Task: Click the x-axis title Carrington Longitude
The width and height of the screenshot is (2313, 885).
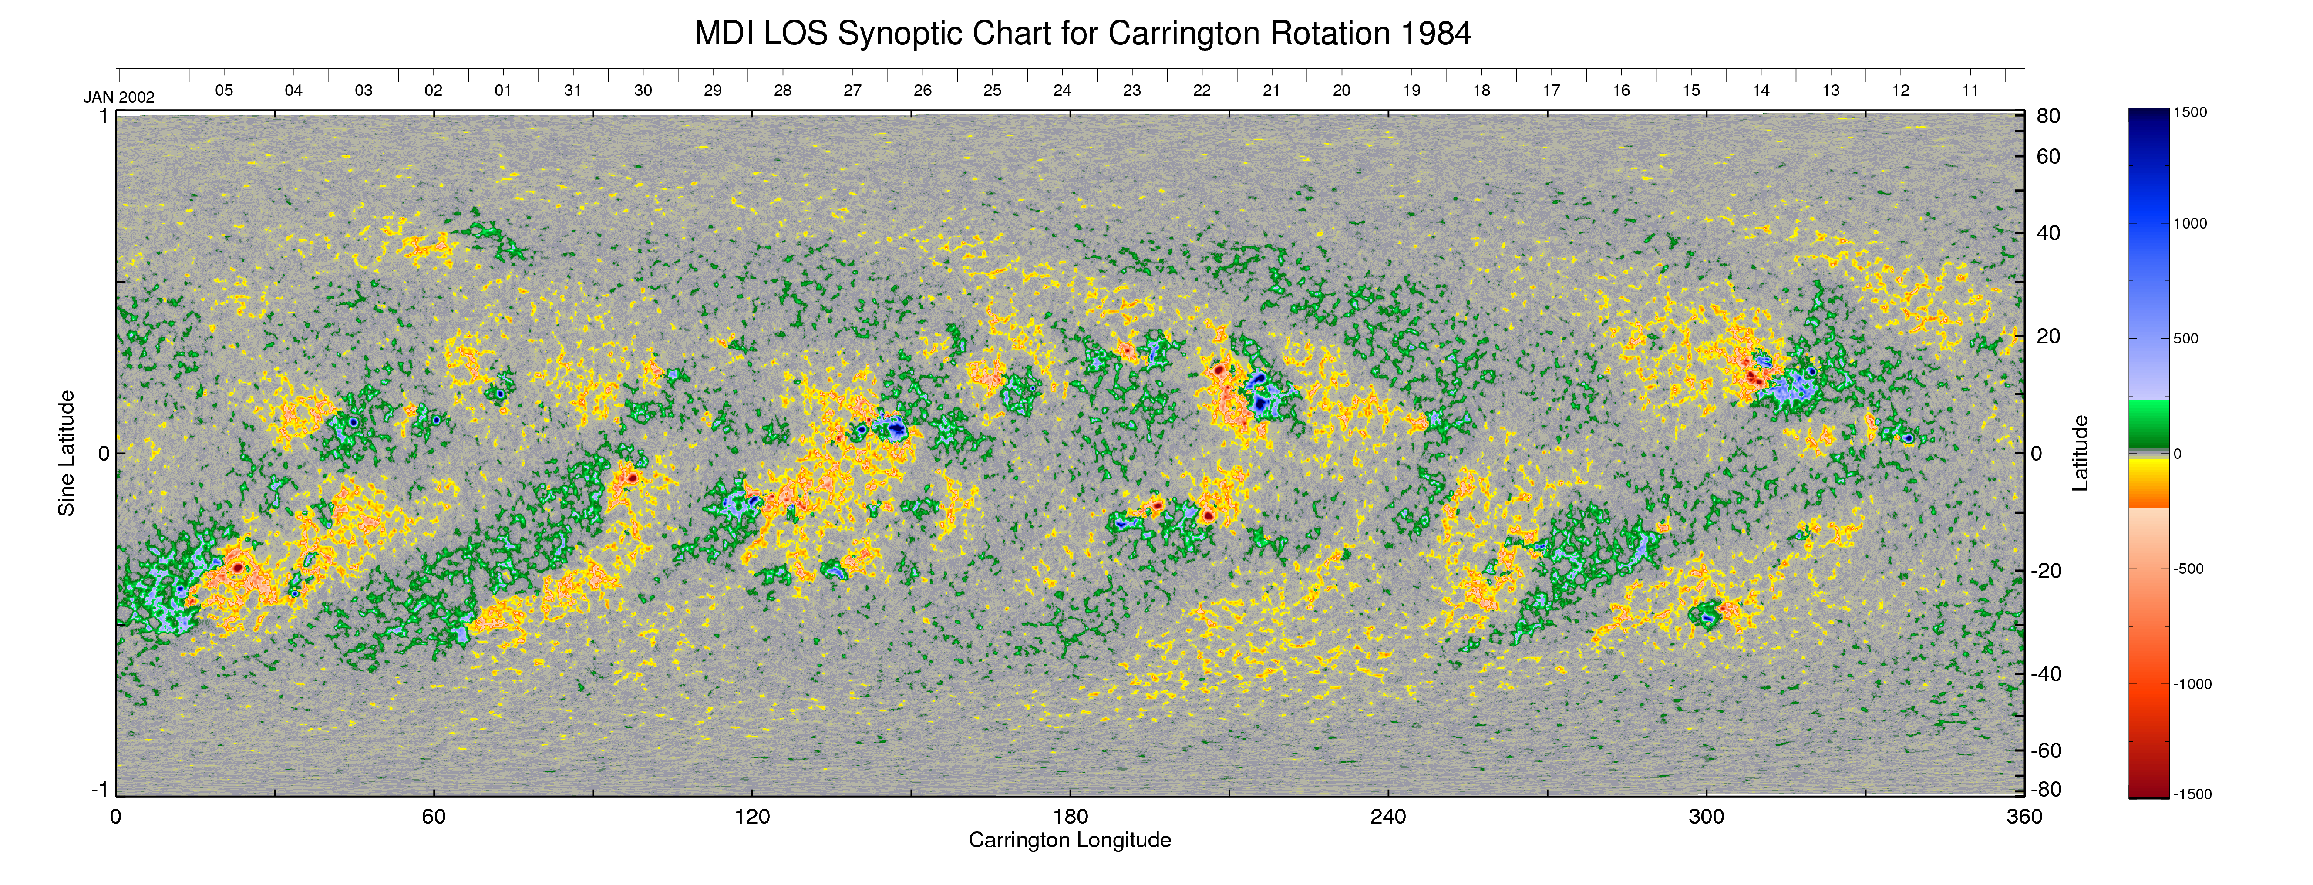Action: pyautogui.click(x=1069, y=840)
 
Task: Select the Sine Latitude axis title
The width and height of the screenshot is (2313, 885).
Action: pyautogui.click(x=67, y=453)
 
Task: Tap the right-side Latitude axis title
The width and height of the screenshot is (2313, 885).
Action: pyautogui.click(x=2080, y=453)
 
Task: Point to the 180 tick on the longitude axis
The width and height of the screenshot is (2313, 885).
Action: pyautogui.click(x=1069, y=817)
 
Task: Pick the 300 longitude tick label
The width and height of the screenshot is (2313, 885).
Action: pyautogui.click(x=1706, y=817)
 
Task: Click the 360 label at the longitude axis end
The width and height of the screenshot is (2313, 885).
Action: pyautogui.click(x=2024, y=817)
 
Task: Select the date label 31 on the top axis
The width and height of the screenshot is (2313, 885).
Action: pyautogui.click(x=573, y=91)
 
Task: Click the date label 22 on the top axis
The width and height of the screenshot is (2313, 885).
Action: pyautogui.click(x=1202, y=91)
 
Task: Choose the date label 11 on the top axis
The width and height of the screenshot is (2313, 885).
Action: pyautogui.click(x=1970, y=91)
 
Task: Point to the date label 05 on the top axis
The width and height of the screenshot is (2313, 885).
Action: pyautogui.click(x=224, y=91)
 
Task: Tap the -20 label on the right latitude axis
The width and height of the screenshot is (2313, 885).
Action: pyautogui.click(x=2045, y=571)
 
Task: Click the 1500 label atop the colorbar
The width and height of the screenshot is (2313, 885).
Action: pyautogui.click(x=2190, y=112)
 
